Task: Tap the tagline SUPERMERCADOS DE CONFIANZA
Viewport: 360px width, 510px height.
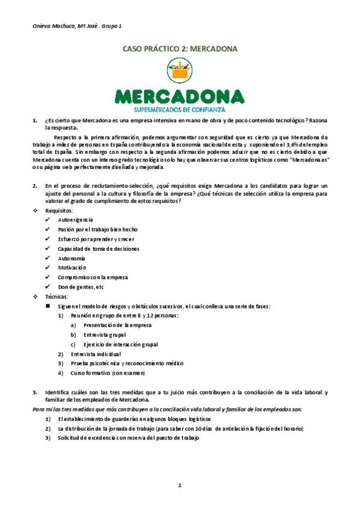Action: (180, 109)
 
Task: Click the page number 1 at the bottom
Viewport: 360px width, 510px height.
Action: (180, 485)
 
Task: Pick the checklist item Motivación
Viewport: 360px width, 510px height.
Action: (72, 268)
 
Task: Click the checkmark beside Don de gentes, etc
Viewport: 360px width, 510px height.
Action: (47, 286)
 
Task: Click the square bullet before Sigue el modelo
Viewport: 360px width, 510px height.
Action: (47, 306)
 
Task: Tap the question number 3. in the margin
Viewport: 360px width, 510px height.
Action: (35, 392)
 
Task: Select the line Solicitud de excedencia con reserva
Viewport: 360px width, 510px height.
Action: (128, 438)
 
